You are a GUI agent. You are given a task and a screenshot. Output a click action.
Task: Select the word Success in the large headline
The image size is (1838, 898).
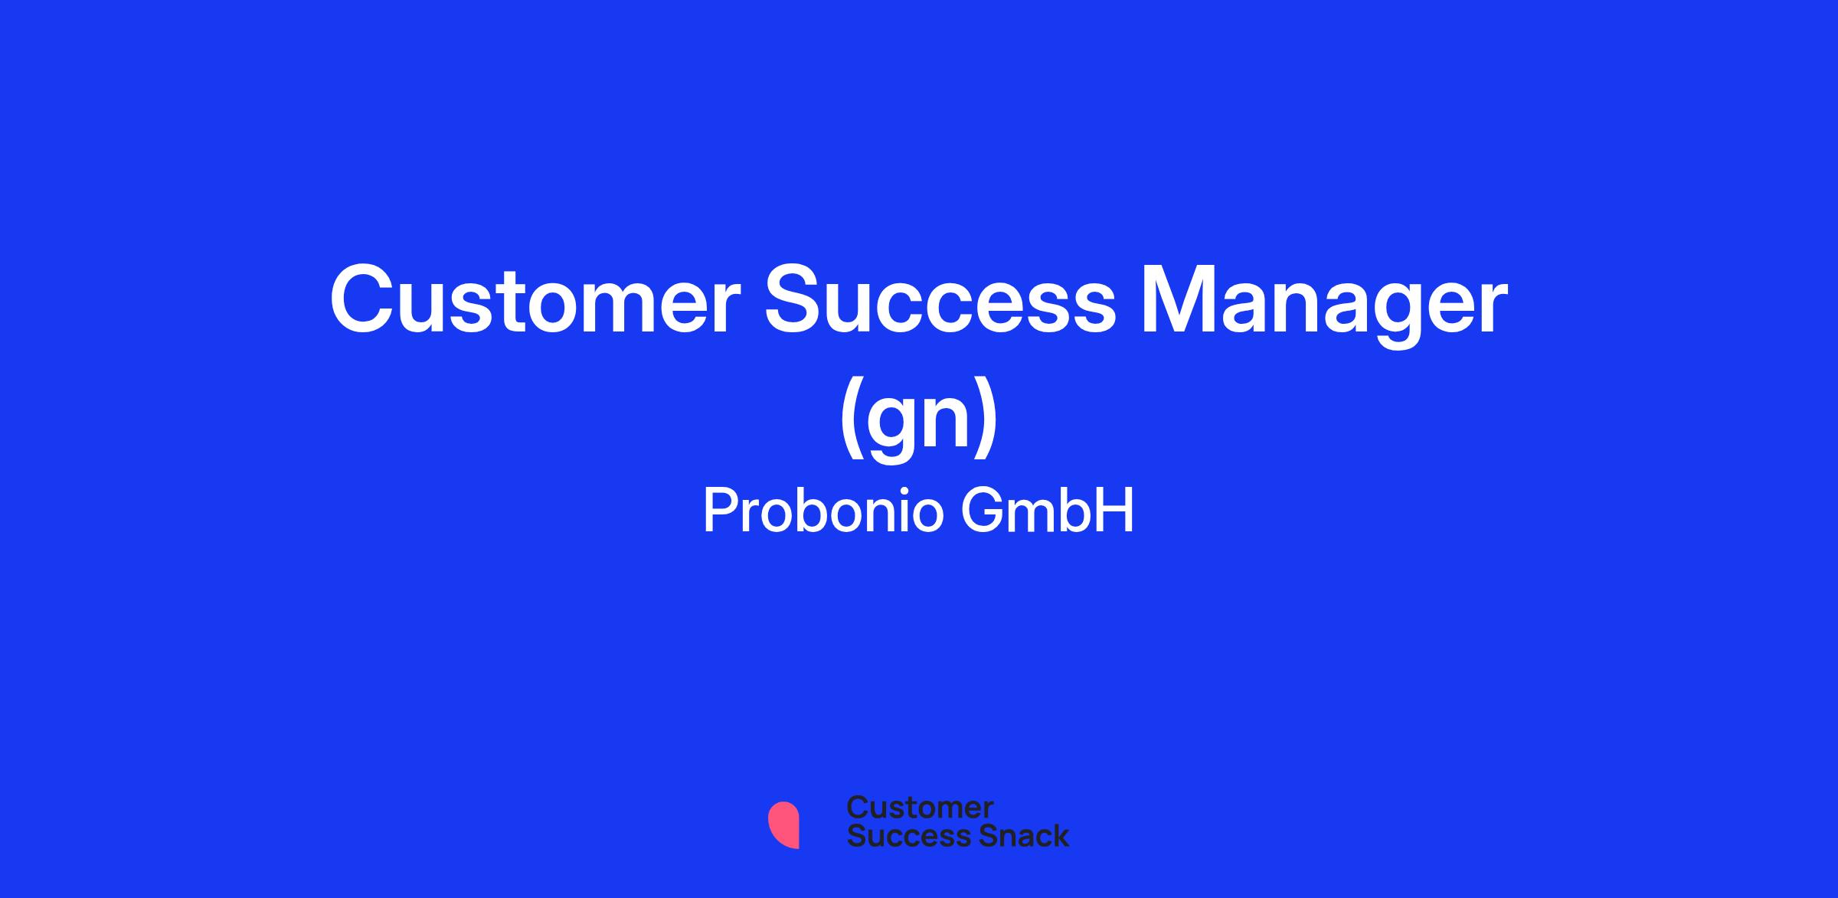pyautogui.click(x=941, y=299)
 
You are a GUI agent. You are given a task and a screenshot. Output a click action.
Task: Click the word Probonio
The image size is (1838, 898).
pyautogui.click(x=823, y=512)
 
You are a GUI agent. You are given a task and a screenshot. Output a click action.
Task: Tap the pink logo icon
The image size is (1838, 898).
pyautogui.click(x=783, y=825)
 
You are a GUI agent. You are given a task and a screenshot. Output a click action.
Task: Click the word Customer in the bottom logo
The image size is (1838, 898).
pyautogui.click(x=920, y=807)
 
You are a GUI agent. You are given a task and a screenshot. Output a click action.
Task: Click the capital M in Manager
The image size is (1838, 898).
pyautogui.click(x=1178, y=300)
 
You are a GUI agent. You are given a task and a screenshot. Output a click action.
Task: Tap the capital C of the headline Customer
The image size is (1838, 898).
pyautogui.click(x=363, y=299)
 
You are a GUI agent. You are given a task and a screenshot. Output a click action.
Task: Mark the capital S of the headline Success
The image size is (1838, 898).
pyautogui.click(x=796, y=299)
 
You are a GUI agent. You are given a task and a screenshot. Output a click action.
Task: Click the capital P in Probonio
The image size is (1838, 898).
pyautogui.click(x=721, y=511)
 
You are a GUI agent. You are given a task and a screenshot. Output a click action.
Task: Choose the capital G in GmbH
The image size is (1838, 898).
pyautogui.click(x=982, y=511)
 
